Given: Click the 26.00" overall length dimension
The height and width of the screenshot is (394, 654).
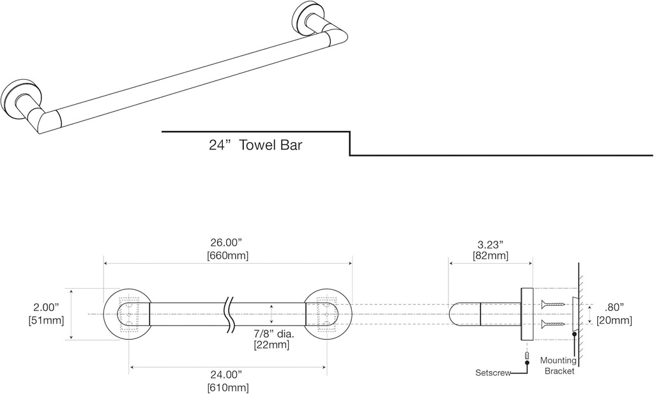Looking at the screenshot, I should (227, 243).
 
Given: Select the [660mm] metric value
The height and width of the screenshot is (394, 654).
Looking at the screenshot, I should (227, 255).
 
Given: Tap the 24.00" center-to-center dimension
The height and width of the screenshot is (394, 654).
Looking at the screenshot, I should (228, 375).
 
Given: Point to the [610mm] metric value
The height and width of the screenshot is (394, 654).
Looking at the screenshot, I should (228, 387).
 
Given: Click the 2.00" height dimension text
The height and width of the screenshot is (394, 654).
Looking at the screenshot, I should (47, 308).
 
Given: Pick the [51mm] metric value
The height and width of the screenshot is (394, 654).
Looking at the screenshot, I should (47, 320).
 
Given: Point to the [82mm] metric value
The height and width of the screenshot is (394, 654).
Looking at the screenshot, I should (490, 256).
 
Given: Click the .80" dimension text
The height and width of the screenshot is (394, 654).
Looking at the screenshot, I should (614, 307).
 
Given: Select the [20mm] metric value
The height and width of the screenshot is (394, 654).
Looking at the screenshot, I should (614, 320).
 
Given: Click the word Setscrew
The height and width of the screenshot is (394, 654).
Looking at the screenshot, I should (493, 372).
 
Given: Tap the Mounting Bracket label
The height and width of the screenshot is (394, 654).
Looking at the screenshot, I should (558, 365).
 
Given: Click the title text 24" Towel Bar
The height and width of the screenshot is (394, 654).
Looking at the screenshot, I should (255, 145).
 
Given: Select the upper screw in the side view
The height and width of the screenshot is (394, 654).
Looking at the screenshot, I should (552, 305).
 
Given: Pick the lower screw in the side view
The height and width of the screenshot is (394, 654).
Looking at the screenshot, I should (552, 324).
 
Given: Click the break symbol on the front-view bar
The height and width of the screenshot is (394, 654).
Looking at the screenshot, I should (229, 314).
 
